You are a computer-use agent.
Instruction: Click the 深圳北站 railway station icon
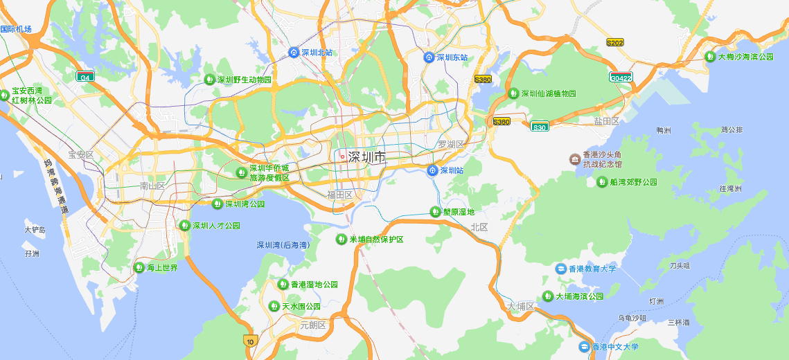(x=294, y=53)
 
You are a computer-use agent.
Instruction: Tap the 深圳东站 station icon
(x=429, y=57)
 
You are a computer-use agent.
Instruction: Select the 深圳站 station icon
(x=433, y=170)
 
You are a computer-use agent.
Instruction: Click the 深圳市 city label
(x=366, y=157)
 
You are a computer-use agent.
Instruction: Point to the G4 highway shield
(x=85, y=77)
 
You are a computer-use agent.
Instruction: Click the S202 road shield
(x=614, y=43)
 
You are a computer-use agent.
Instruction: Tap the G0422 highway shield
(x=621, y=78)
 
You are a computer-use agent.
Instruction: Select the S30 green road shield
(x=540, y=127)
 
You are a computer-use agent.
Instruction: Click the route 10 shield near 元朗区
(x=250, y=341)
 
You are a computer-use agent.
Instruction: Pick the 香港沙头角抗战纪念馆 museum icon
(x=575, y=160)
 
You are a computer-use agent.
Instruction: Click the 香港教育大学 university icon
(x=561, y=269)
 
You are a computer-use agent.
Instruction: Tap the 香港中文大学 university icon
(x=584, y=346)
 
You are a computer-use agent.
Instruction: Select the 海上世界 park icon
(x=139, y=268)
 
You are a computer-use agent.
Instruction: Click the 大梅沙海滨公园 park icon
(x=710, y=57)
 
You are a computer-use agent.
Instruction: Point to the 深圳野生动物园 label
(x=245, y=80)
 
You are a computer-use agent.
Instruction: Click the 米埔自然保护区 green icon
(x=341, y=240)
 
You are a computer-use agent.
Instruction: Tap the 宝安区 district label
(x=80, y=155)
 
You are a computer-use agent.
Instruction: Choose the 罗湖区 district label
(x=450, y=144)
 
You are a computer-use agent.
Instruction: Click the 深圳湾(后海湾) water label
(x=283, y=245)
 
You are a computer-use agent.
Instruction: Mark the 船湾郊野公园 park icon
(x=602, y=182)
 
